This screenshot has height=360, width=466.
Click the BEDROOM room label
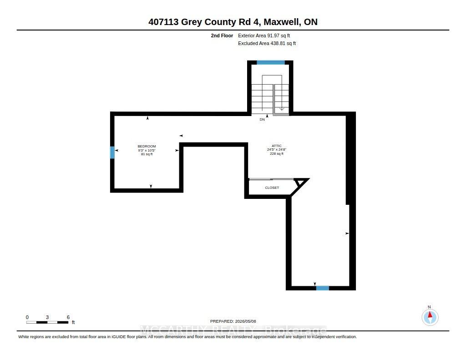[x=147, y=146]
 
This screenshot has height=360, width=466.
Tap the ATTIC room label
[x=276, y=146]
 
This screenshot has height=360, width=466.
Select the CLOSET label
[x=272, y=188]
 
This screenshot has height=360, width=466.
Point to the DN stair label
[x=262, y=120]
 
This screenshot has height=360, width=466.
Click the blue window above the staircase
[x=271, y=62]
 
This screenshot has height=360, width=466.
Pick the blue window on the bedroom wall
[x=112, y=152]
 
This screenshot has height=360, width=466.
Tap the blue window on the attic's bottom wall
[x=323, y=288]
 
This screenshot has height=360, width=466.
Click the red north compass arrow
[x=430, y=314]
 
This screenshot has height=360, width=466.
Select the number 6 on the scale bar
[x=68, y=317]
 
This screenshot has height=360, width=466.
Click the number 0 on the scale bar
[x=27, y=317]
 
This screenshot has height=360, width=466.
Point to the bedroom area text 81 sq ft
[x=147, y=154]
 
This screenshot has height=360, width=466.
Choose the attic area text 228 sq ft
[x=277, y=154]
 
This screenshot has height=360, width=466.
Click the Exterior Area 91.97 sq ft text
[x=264, y=35]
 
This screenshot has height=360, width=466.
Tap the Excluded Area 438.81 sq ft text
[x=267, y=43]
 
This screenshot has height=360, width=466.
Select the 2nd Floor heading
[x=222, y=35]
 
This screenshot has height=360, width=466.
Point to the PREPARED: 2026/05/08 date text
[x=233, y=321]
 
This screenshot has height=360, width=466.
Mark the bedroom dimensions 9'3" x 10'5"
[x=147, y=150]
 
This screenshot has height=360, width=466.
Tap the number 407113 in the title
[x=163, y=22]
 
